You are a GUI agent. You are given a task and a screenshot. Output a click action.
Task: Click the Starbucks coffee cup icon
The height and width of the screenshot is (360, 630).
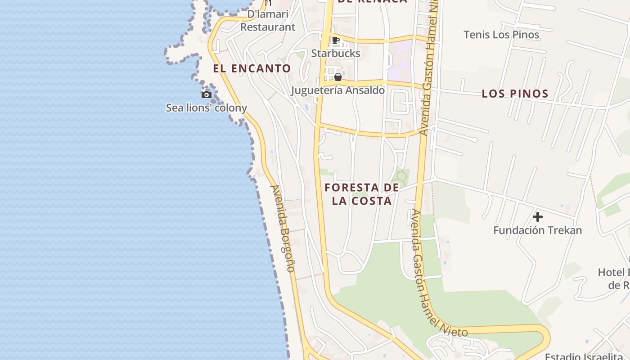click(336, 40)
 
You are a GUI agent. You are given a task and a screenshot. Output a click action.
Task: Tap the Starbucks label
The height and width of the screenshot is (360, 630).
click(336, 53)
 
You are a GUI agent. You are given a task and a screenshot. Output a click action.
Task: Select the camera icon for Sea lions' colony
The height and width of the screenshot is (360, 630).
click(207, 94)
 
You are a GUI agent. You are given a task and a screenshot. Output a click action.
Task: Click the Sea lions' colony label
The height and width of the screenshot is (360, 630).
click(207, 108)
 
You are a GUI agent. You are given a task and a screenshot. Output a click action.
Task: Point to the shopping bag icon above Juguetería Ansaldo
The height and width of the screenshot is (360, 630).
click(338, 77)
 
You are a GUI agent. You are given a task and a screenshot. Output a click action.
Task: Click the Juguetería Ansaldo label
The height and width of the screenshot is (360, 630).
click(337, 90)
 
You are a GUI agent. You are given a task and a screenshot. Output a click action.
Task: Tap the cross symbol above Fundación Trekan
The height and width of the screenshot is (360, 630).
click(537, 217)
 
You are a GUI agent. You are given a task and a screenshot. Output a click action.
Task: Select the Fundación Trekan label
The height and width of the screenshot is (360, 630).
click(537, 230)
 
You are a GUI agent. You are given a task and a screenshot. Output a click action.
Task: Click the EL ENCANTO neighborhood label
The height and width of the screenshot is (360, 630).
click(252, 68)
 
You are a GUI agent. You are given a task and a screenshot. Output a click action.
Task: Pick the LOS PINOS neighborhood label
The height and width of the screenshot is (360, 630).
click(515, 94)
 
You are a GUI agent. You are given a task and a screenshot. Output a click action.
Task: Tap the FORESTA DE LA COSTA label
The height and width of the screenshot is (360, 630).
click(362, 194)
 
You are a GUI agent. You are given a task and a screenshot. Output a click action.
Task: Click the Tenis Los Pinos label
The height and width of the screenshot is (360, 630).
click(501, 35)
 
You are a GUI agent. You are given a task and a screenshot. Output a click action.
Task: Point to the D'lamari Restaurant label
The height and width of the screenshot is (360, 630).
click(268, 21)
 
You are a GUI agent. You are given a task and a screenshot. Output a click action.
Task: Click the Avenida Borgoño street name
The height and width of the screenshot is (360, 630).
click(283, 228)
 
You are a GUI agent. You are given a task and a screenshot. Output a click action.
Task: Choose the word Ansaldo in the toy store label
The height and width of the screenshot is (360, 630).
click(363, 90)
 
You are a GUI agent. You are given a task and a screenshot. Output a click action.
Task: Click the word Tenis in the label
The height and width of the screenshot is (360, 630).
click(477, 35)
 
